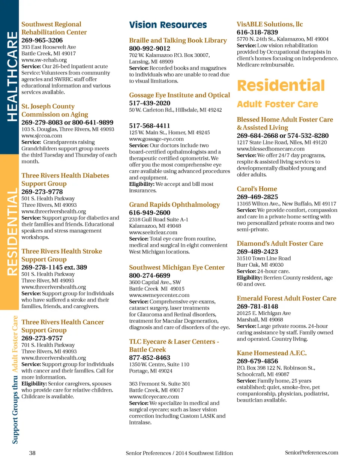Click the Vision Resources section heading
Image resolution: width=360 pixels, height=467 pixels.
pos(168,25)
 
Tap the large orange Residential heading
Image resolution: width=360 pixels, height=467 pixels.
pos(281,86)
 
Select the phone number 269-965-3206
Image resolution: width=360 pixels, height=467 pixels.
pos(42,40)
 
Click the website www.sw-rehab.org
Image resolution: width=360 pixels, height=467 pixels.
pos(44,60)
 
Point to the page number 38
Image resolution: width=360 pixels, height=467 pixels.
pos(32,453)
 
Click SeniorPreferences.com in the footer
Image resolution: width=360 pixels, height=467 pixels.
pos(311,453)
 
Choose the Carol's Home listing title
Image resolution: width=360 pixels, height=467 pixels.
pos(257,189)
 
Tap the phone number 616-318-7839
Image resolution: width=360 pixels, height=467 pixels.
pos(257,32)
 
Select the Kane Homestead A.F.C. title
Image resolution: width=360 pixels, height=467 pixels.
pos(271,353)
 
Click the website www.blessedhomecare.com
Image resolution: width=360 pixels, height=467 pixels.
pos(270,149)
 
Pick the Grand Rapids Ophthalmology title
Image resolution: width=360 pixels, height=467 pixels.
pos(174,205)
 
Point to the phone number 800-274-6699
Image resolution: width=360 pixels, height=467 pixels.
pos(150,275)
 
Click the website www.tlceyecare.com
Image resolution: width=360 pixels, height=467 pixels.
pos(154,396)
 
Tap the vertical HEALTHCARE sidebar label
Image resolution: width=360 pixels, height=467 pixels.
pos(12,77)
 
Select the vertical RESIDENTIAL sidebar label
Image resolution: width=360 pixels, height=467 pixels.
pos(12,232)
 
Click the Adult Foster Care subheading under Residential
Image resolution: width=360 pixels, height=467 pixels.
pos(277,104)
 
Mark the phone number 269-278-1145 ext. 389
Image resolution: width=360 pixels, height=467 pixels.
pos(54,267)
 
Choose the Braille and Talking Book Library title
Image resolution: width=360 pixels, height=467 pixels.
pos(178,41)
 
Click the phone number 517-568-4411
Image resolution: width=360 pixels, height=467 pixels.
pos(150,126)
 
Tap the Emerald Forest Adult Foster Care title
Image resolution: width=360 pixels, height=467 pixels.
pos(286,299)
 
